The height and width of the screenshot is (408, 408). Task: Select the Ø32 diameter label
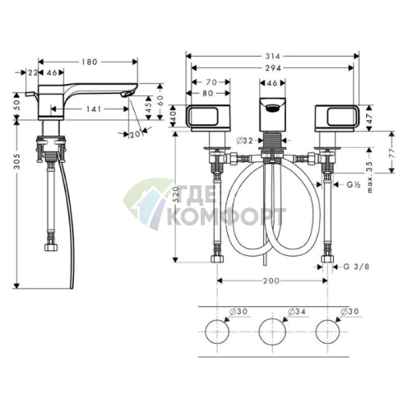[243, 141]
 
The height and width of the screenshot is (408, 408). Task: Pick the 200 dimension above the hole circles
[272, 280]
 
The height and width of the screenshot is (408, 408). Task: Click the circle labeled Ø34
[272, 332]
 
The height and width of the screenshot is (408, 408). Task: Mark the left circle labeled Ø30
[216, 332]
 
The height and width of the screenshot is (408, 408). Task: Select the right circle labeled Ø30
[328, 332]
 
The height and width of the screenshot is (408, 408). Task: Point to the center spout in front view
[272, 111]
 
